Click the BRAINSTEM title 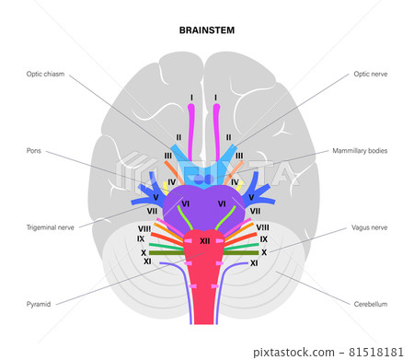coord(207,29)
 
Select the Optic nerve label coord(372,74)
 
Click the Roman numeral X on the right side coord(264,251)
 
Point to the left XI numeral coord(147,262)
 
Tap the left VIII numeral coord(144,227)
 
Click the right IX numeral coord(264,239)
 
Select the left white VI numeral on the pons coord(185,203)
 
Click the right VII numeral coord(256,211)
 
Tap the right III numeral coord(239,156)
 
